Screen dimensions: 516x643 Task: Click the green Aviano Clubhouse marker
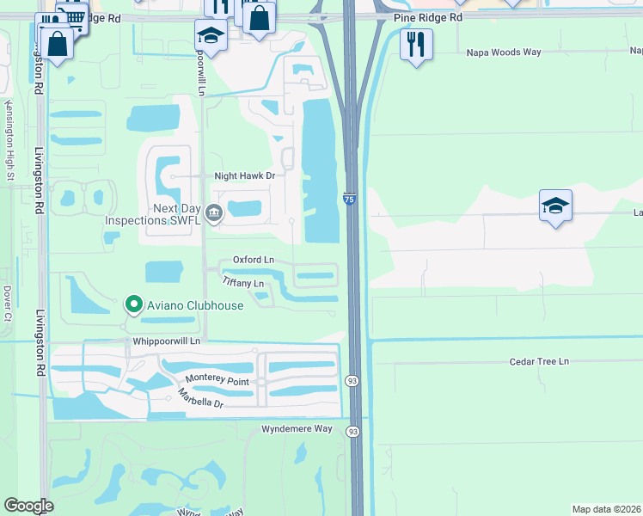tap(133, 304)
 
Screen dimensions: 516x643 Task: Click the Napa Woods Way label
tap(504, 52)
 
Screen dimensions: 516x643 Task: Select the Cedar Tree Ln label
tap(539, 361)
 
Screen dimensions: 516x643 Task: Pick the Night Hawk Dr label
tap(244, 175)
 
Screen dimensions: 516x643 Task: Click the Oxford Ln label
tap(254, 260)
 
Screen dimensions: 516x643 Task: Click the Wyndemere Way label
tap(297, 428)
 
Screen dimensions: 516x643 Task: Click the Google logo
tap(29, 507)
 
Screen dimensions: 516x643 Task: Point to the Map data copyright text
tap(606, 509)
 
